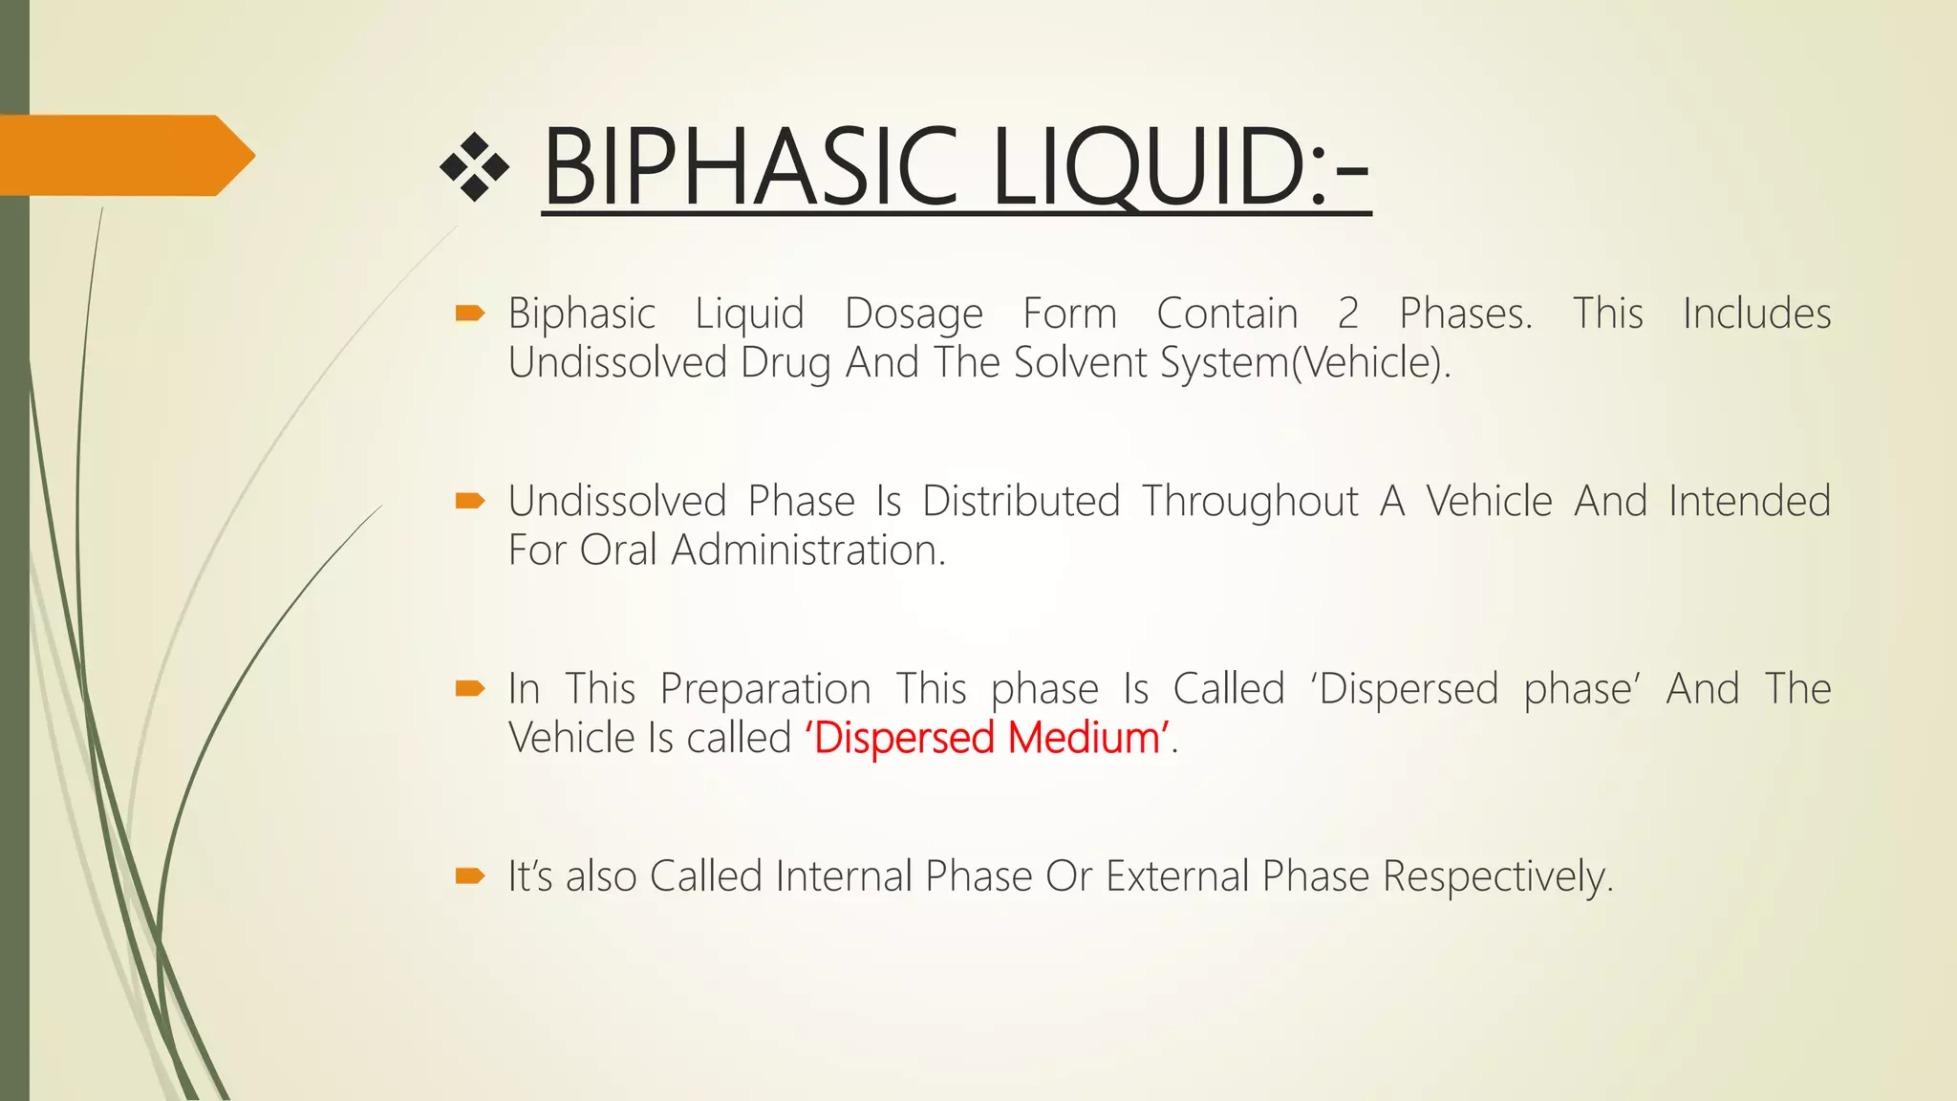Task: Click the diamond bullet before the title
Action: [474, 168]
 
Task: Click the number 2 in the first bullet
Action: [1347, 313]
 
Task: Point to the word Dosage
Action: [914, 313]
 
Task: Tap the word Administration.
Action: [808, 550]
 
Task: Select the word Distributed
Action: [1021, 501]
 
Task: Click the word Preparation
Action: [764, 689]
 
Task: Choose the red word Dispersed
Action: [903, 738]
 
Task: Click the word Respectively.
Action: [1497, 876]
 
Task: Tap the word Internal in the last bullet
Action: [843, 876]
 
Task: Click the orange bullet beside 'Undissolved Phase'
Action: [470, 501]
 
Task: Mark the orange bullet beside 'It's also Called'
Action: [470, 875]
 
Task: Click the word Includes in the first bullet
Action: [1756, 313]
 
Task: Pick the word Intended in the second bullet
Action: [1749, 501]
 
